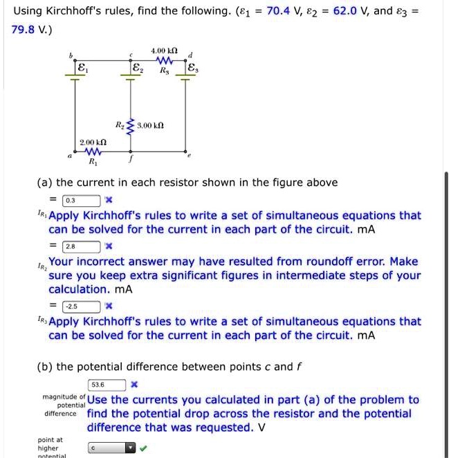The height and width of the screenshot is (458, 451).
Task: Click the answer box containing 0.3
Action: pyautogui.click(x=82, y=201)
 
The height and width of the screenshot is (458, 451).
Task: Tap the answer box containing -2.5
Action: pyautogui.click(x=82, y=306)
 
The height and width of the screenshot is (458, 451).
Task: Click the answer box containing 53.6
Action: pyautogui.click(x=107, y=385)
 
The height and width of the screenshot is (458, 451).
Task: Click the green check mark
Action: pyautogui.click(x=143, y=448)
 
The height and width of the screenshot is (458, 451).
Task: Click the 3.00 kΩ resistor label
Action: pyautogui.click(x=149, y=127)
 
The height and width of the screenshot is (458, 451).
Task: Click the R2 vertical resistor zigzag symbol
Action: pyautogui.click(x=129, y=127)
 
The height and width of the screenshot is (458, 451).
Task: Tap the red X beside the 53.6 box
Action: pyautogui.click(x=134, y=385)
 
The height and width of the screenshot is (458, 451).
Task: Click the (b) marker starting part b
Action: pyautogui.click(x=45, y=367)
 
